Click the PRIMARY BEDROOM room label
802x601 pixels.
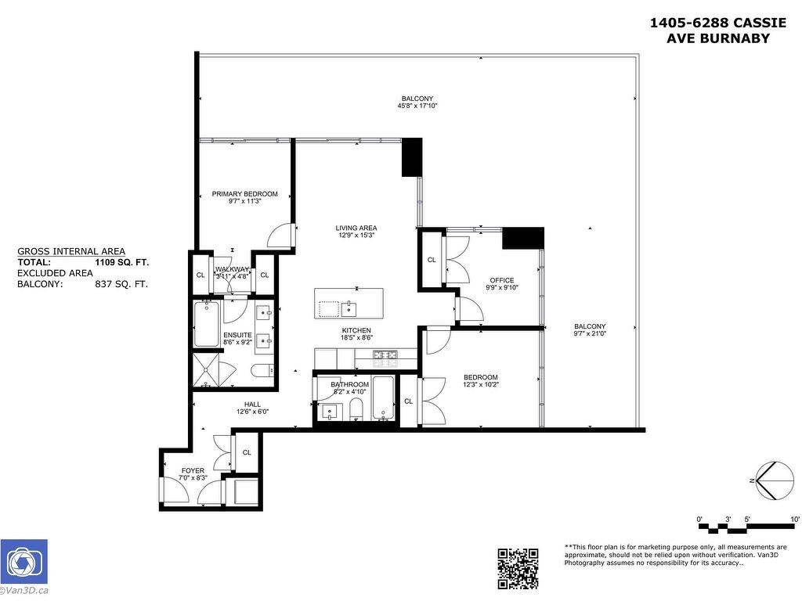(244, 194)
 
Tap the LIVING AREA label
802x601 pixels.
(356, 229)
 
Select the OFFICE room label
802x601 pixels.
(502, 280)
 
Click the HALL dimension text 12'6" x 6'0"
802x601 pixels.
(252, 412)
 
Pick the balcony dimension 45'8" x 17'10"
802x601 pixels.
(417, 106)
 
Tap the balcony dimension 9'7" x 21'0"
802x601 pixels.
(590, 334)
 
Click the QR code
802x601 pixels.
(518, 568)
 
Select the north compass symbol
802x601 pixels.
(774, 480)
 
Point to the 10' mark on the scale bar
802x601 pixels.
(794, 520)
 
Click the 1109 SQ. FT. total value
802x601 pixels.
(121, 263)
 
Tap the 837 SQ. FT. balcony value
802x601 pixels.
(120, 285)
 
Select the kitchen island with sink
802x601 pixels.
(349, 303)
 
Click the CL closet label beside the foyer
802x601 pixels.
(247, 452)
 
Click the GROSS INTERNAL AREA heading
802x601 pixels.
(70, 251)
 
